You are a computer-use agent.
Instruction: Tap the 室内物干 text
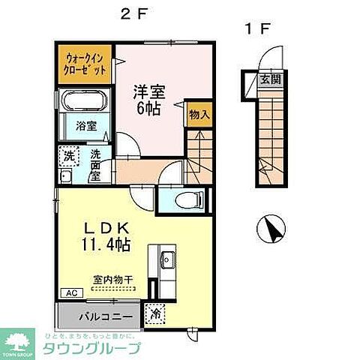[112, 280]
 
